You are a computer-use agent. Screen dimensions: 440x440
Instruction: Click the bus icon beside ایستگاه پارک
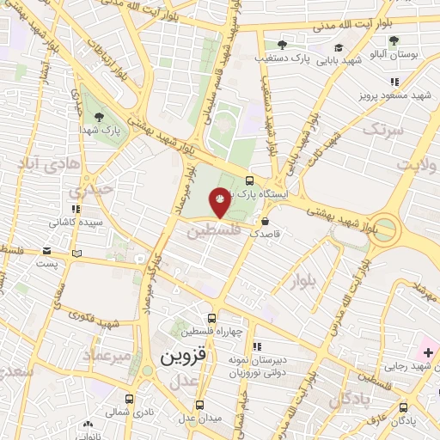(x=249, y=180)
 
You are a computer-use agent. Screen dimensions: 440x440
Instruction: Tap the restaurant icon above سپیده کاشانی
(x=76, y=208)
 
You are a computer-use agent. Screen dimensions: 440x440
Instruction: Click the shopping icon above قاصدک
(x=263, y=221)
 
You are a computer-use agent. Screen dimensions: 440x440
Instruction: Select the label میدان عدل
(x=199, y=418)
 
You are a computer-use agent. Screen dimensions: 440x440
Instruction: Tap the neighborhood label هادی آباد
(x=48, y=163)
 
